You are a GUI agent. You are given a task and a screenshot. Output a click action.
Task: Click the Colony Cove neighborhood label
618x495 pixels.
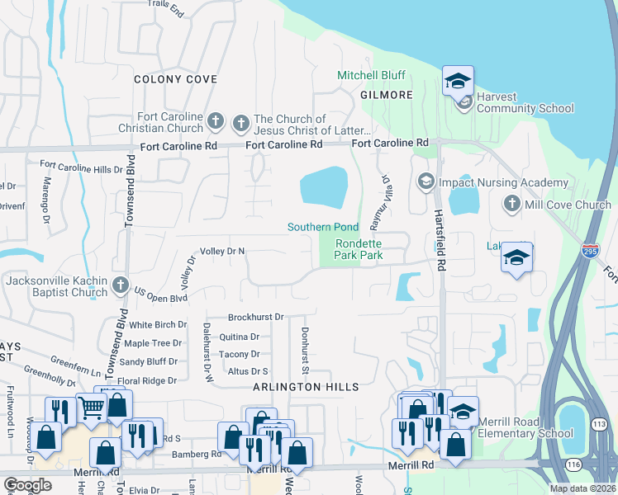click(176, 79)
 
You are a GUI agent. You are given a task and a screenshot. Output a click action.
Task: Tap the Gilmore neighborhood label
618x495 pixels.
click(386, 95)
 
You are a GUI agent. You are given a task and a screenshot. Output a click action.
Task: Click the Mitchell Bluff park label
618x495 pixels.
click(371, 75)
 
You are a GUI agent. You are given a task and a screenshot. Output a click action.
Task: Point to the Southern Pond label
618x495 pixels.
click(322, 227)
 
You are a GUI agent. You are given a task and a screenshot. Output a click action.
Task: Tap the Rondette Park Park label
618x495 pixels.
click(359, 249)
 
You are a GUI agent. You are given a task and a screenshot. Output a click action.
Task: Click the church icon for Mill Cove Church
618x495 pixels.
click(512, 204)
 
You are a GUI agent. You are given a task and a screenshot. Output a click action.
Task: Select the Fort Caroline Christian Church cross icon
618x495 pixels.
click(215, 121)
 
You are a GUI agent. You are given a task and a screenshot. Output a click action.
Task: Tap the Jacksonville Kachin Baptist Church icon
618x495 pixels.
click(121, 285)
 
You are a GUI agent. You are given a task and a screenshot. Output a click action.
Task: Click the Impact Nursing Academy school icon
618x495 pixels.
click(425, 181)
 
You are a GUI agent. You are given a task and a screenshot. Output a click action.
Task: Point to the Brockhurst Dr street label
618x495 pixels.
click(256, 317)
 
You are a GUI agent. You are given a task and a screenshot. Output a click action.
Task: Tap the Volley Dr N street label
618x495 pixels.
click(223, 251)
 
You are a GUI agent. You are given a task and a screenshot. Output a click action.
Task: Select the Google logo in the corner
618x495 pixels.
click(27, 485)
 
